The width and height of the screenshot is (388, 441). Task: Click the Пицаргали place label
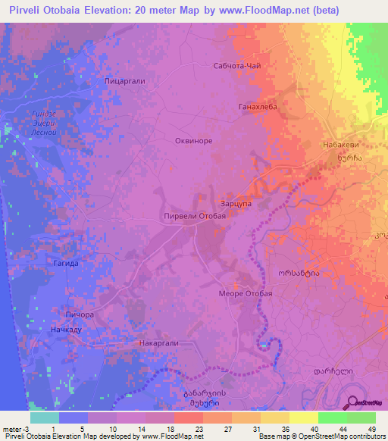pyautogui.click(x=124, y=80)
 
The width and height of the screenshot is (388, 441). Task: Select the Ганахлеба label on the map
pyautogui.click(x=258, y=107)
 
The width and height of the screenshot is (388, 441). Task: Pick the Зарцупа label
pyautogui.click(x=235, y=203)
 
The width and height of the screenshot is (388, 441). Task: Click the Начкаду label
pyautogui.click(x=66, y=330)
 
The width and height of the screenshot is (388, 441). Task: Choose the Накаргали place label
pyautogui.click(x=158, y=342)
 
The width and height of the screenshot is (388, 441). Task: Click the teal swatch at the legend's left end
pyautogui.click(x=44, y=418)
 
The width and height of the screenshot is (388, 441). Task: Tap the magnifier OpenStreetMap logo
pyautogui.click(x=353, y=402)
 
